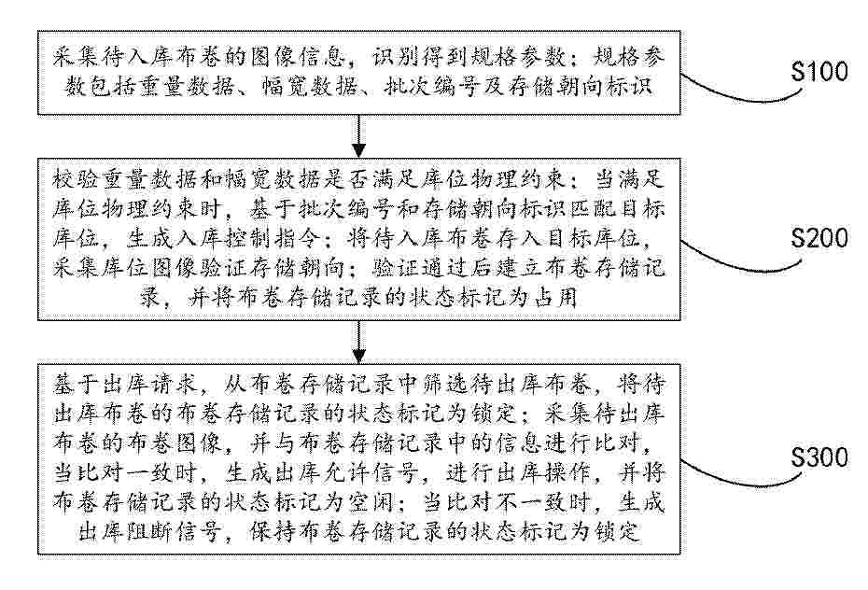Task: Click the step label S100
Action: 819,72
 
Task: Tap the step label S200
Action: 819,237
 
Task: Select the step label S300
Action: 819,458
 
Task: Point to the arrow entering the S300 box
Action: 358,342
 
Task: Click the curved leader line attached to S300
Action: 741,479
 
